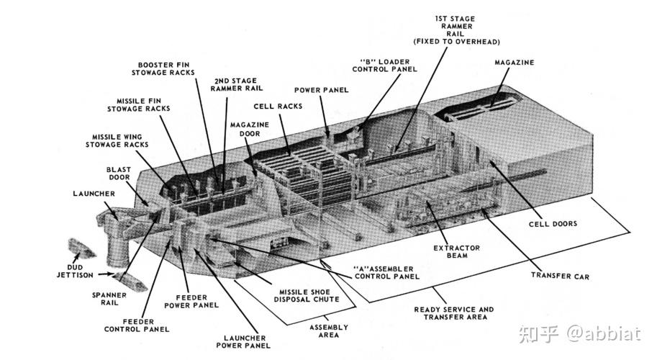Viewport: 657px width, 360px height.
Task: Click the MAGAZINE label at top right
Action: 514,63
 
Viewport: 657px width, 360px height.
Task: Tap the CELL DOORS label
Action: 553,224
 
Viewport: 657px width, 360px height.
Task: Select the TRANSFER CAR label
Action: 560,276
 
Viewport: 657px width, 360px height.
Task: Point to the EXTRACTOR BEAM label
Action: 457,251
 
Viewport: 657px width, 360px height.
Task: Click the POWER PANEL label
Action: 321,90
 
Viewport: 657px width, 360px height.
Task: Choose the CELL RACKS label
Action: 278,107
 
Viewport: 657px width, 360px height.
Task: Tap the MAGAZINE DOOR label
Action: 249,129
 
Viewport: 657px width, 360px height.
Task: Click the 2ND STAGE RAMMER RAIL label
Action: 236,84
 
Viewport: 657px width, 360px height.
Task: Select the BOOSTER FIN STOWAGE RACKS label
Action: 163,68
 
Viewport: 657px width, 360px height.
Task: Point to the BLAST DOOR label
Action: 118,174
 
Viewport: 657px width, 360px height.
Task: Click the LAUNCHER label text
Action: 94,194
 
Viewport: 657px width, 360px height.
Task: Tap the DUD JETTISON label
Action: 75,271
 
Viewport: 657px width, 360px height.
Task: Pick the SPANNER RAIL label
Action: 109,299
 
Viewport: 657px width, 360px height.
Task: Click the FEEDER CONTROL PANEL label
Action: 137,325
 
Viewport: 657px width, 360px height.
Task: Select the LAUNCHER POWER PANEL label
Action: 243,341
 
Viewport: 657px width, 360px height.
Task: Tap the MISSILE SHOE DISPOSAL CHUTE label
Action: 307,295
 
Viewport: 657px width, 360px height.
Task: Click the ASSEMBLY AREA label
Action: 328,331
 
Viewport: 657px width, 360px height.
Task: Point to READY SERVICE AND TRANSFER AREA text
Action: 454,313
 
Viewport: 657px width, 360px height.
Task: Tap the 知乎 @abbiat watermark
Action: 579,333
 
